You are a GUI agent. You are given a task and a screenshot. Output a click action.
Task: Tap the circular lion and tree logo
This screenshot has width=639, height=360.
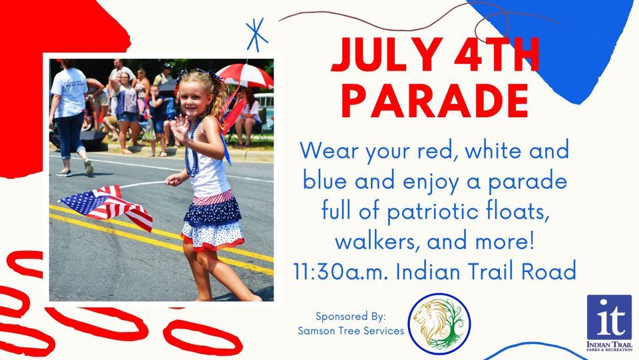click(439, 324)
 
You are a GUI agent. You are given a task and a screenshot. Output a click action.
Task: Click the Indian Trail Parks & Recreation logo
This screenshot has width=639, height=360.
click(609, 323)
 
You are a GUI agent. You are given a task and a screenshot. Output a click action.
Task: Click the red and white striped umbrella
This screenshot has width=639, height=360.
click(245, 75)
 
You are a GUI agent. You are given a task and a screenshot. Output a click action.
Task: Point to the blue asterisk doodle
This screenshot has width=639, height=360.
click(256, 35)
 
